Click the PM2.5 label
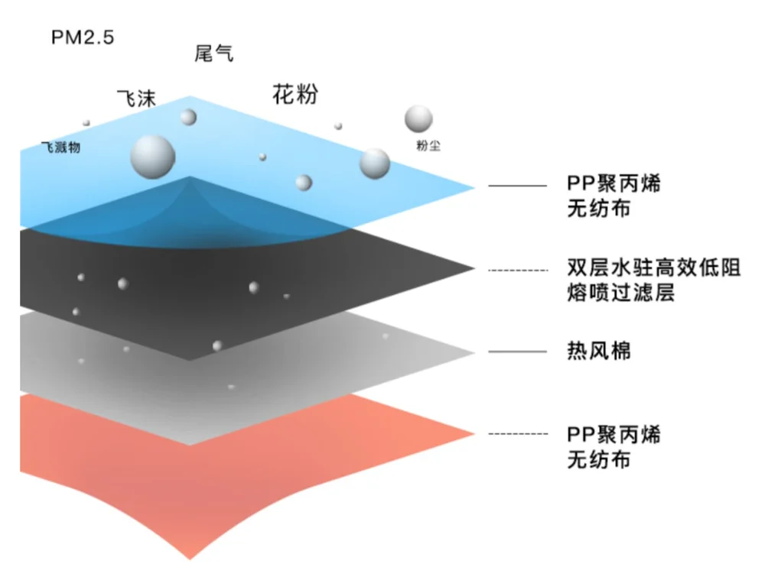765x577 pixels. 83,37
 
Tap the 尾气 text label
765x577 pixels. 214,53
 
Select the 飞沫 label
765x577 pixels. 135,99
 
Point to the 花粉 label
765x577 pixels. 295,96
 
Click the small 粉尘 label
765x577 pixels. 428,146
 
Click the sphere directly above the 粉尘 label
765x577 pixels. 418,118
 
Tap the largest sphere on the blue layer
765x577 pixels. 153,156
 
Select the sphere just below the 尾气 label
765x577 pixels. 188,117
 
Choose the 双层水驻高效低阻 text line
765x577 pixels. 654,269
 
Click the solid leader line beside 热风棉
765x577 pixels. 518,352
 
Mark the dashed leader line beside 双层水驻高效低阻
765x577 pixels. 518,270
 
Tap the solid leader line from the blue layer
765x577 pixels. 518,186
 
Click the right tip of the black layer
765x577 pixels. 472,268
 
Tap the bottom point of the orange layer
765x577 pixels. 189,556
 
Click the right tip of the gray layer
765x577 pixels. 472,352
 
